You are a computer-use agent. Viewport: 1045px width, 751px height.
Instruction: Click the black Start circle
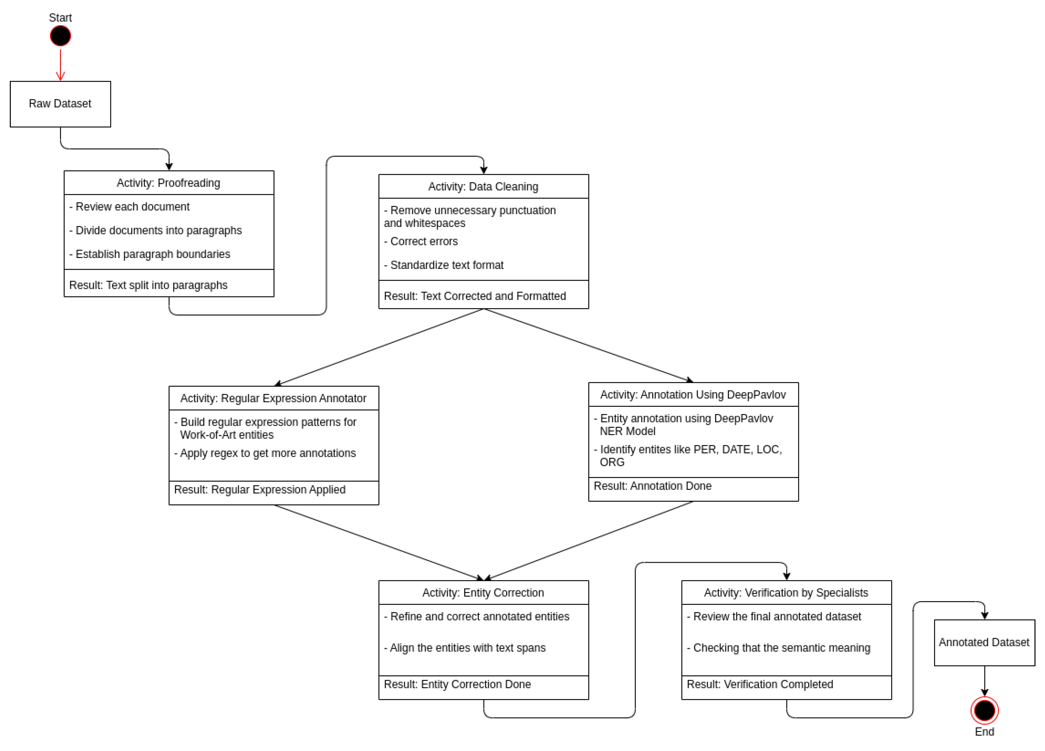[60, 36]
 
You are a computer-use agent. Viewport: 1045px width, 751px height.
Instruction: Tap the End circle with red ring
[984, 710]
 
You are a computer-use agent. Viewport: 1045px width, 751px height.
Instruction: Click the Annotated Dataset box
[984, 643]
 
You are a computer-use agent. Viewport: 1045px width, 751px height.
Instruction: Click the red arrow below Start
[60, 64]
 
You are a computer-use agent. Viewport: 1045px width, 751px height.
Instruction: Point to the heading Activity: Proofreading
[169, 183]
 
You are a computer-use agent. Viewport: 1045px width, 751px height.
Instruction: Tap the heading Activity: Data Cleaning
[483, 187]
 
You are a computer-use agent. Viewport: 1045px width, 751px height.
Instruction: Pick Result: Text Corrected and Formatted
[475, 296]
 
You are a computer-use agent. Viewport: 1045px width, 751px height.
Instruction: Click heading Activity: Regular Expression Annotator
[274, 398]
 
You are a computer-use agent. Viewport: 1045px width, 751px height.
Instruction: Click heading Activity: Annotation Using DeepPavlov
[693, 395]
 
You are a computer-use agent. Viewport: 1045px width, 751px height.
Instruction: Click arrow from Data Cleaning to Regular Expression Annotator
[378, 347]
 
